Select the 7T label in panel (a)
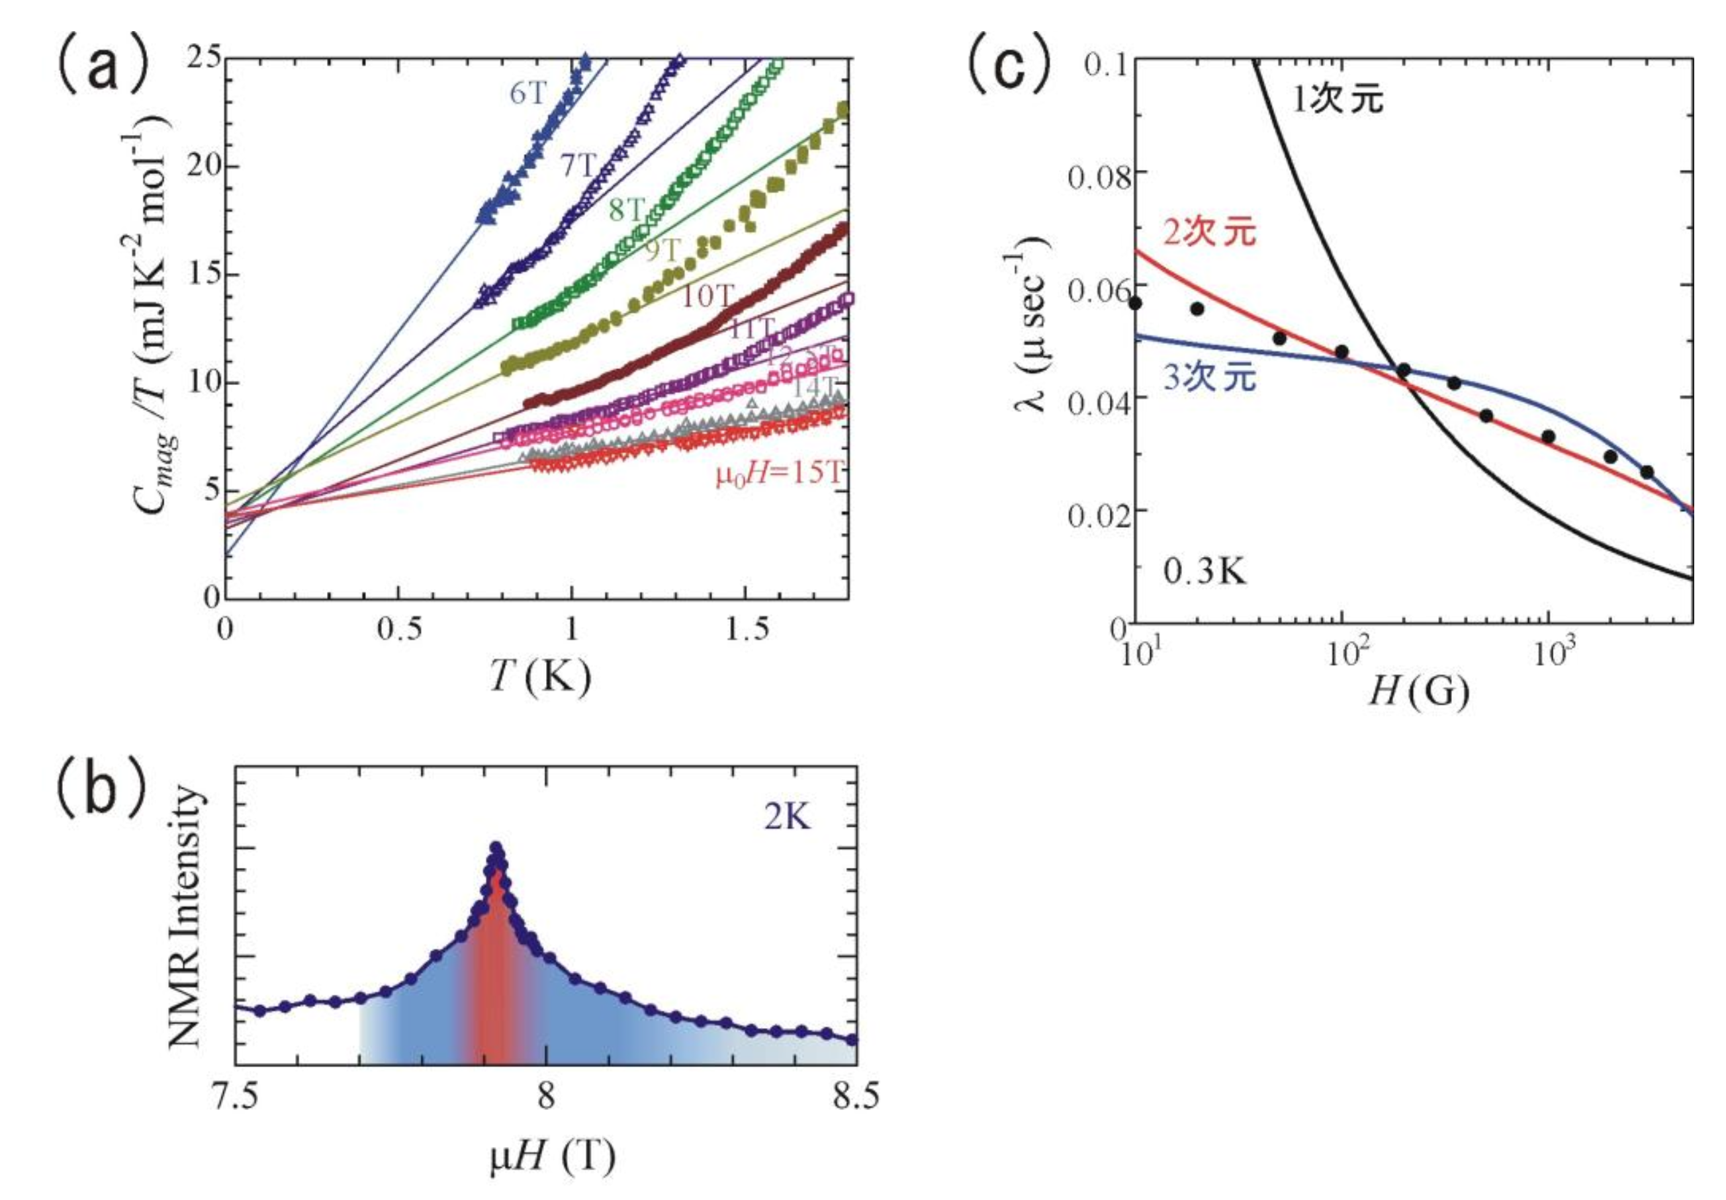pos(578,166)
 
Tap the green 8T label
pos(627,210)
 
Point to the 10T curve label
pos(707,297)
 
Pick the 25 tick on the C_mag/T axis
pos(203,59)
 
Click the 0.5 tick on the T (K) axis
pos(399,629)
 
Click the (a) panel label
pos(88,65)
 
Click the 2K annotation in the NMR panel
pos(787,818)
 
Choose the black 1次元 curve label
pos(1338,100)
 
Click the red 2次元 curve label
pos(1210,232)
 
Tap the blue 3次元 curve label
pos(1210,377)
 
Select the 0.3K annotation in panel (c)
pos(1204,573)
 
